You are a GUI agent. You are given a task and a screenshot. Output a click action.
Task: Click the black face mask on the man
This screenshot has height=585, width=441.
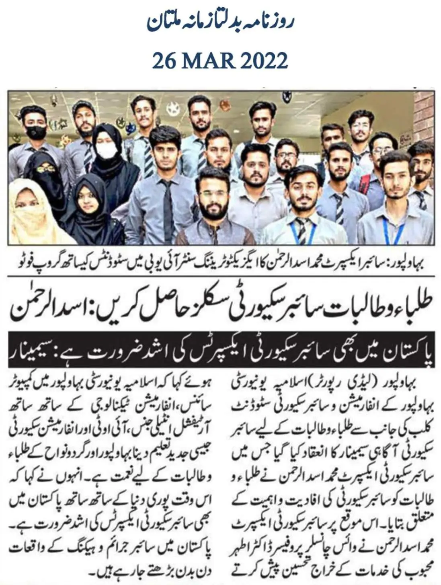[35, 131]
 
